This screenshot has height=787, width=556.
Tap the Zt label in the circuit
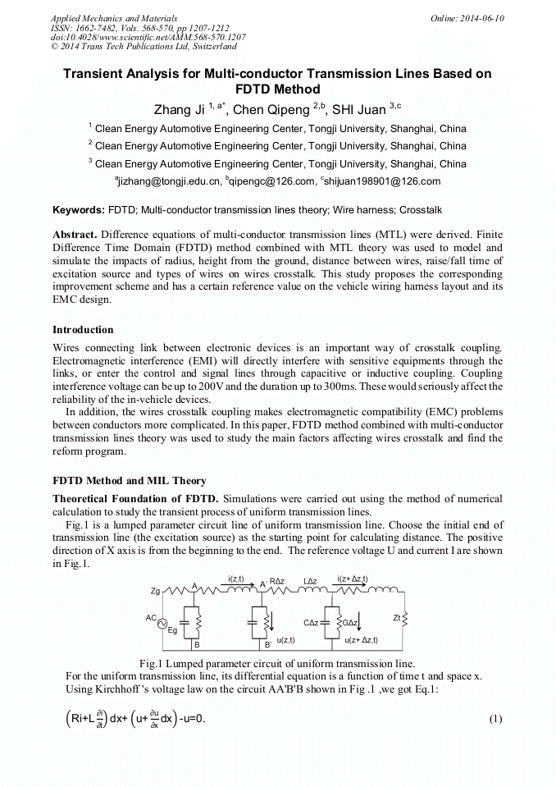tap(421, 618)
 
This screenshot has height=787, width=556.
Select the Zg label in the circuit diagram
tap(155, 591)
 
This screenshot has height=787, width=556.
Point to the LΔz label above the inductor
tap(311, 581)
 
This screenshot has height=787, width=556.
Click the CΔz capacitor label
tap(311, 623)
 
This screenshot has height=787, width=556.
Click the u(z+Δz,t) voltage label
tap(362, 640)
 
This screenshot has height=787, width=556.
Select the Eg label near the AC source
tap(172, 631)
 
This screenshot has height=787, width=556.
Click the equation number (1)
tap(495, 720)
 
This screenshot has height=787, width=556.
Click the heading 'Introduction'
tap(83, 330)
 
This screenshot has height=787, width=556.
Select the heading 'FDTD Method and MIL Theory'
tap(129, 481)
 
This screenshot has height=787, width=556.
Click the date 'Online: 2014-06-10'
tap(467, 18)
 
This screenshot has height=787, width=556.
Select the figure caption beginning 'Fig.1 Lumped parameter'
tap(276, 663)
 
